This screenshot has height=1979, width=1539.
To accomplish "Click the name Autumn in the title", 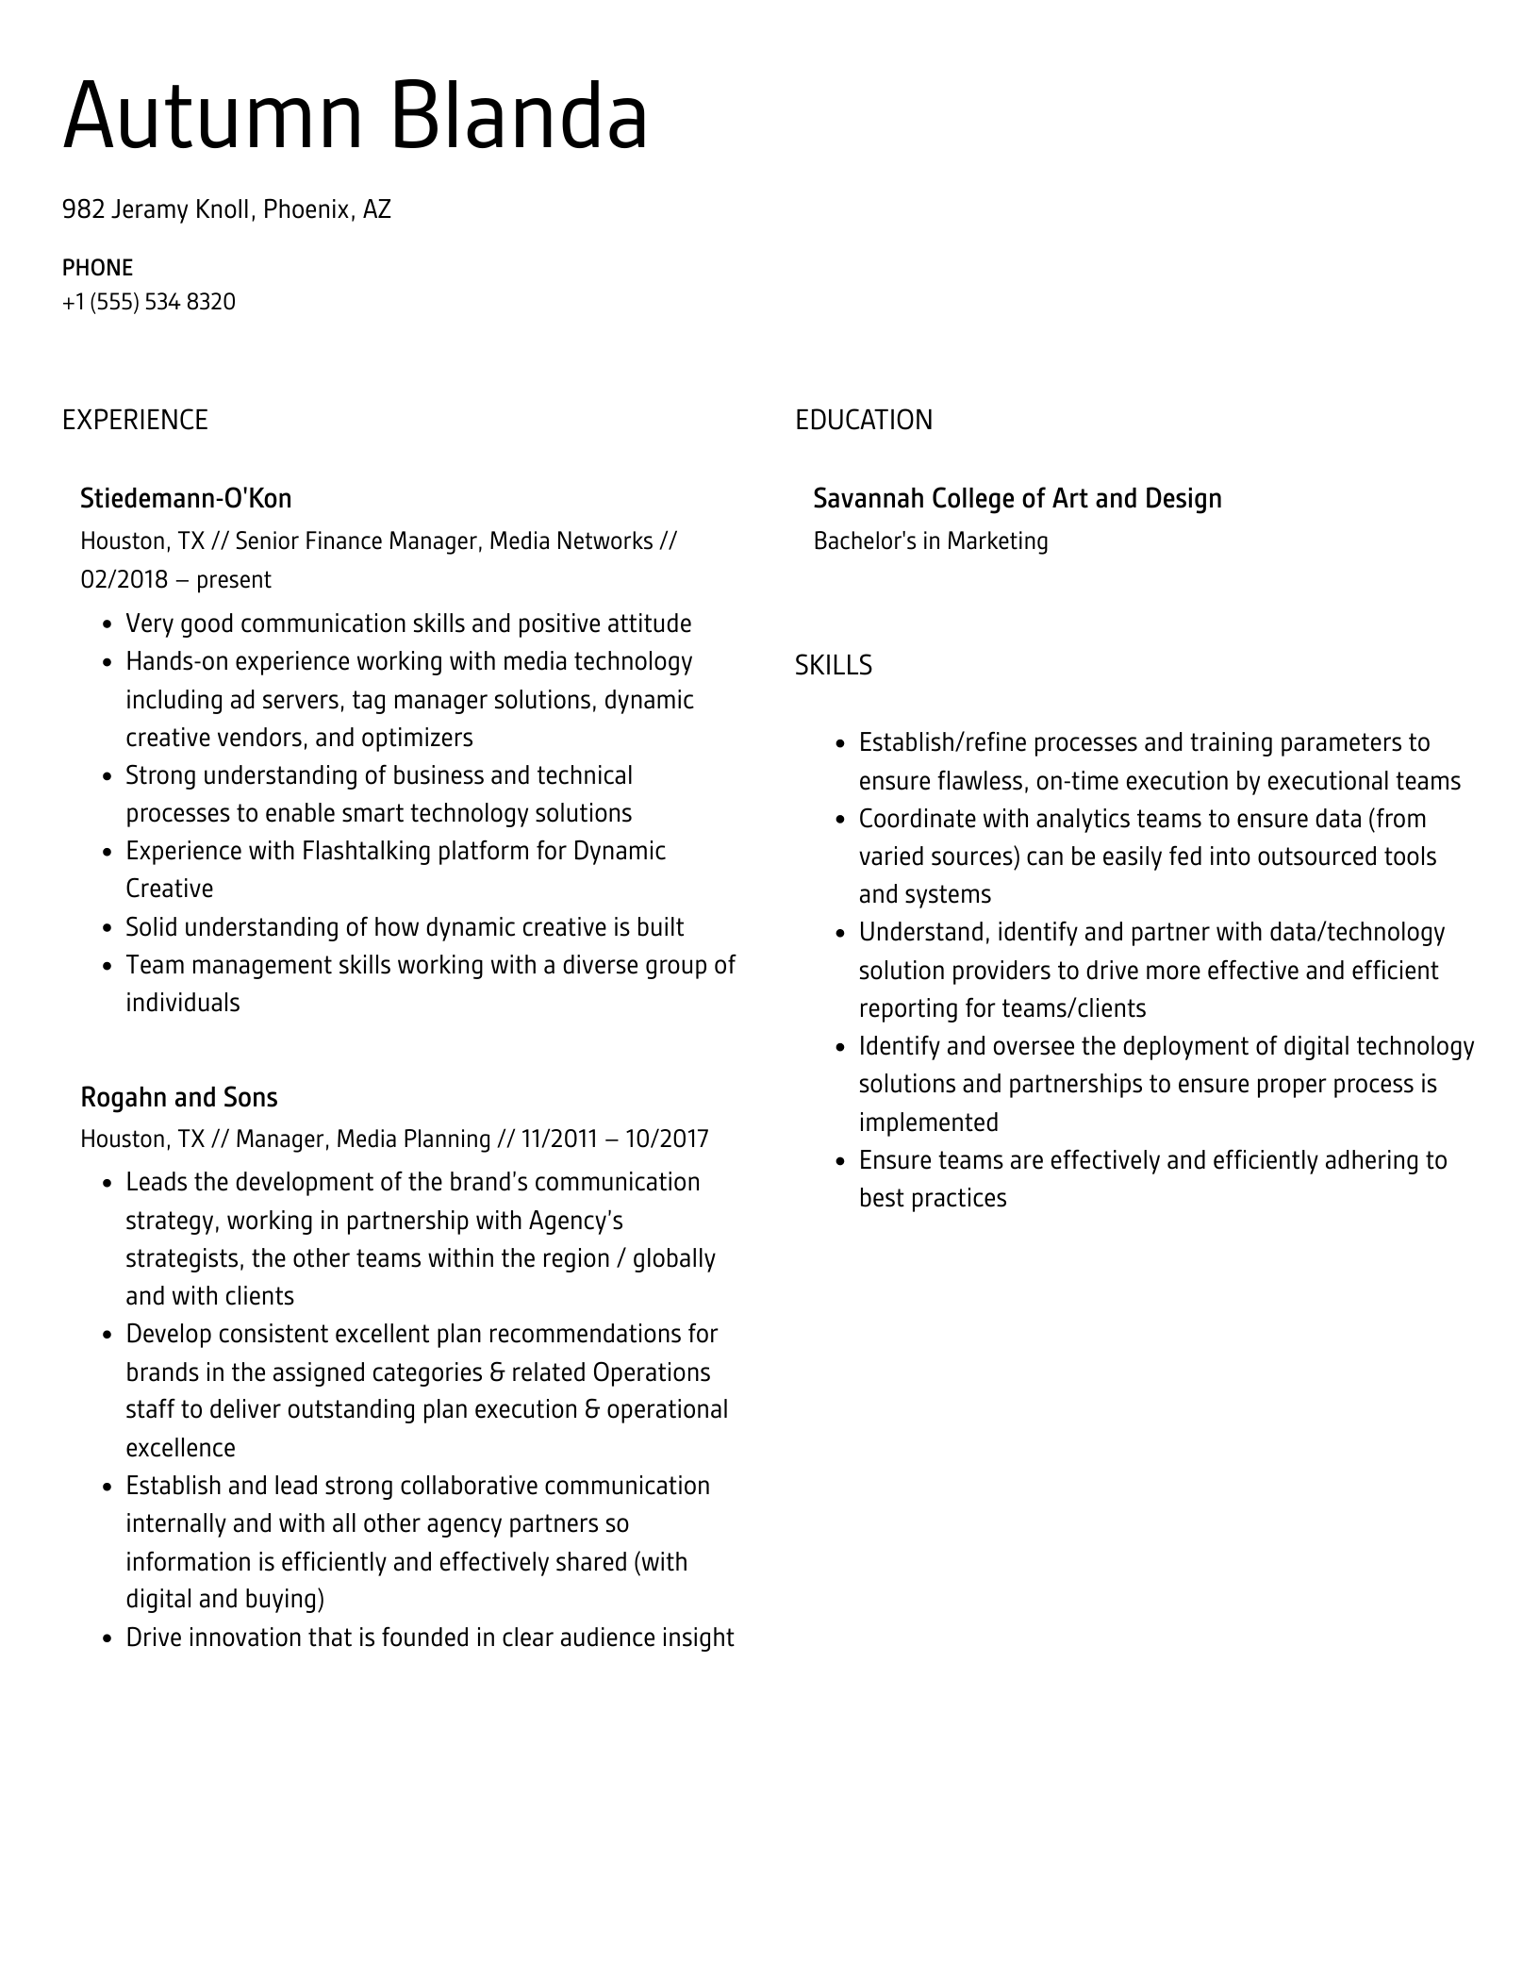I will coord(212,117).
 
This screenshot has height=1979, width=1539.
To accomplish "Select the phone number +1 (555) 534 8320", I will coord(149,302).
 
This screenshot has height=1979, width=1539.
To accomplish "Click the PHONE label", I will coord(97,268).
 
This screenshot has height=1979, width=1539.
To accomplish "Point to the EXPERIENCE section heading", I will coord(135,420).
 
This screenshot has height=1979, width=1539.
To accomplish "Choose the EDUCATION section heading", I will coord(863,420).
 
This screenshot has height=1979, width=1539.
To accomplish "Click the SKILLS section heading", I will coord(833,666).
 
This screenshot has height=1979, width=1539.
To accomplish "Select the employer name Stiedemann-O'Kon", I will coord(186,498).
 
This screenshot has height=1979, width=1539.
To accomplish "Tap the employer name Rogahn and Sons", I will coord(179,1097).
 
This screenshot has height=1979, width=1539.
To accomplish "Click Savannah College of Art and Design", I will coord(1017,498).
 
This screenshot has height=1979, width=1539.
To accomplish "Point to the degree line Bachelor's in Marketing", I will coord(930,541).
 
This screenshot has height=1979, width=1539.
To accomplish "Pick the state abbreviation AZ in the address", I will coord(377,209).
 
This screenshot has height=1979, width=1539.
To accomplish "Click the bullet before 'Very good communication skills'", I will coord(107,624).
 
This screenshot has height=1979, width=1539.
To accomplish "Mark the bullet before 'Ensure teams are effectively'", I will coord(839,1161).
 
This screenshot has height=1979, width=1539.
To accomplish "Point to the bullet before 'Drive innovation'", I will coord(107,1638).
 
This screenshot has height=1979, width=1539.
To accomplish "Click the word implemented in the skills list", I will coord(928,1123).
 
